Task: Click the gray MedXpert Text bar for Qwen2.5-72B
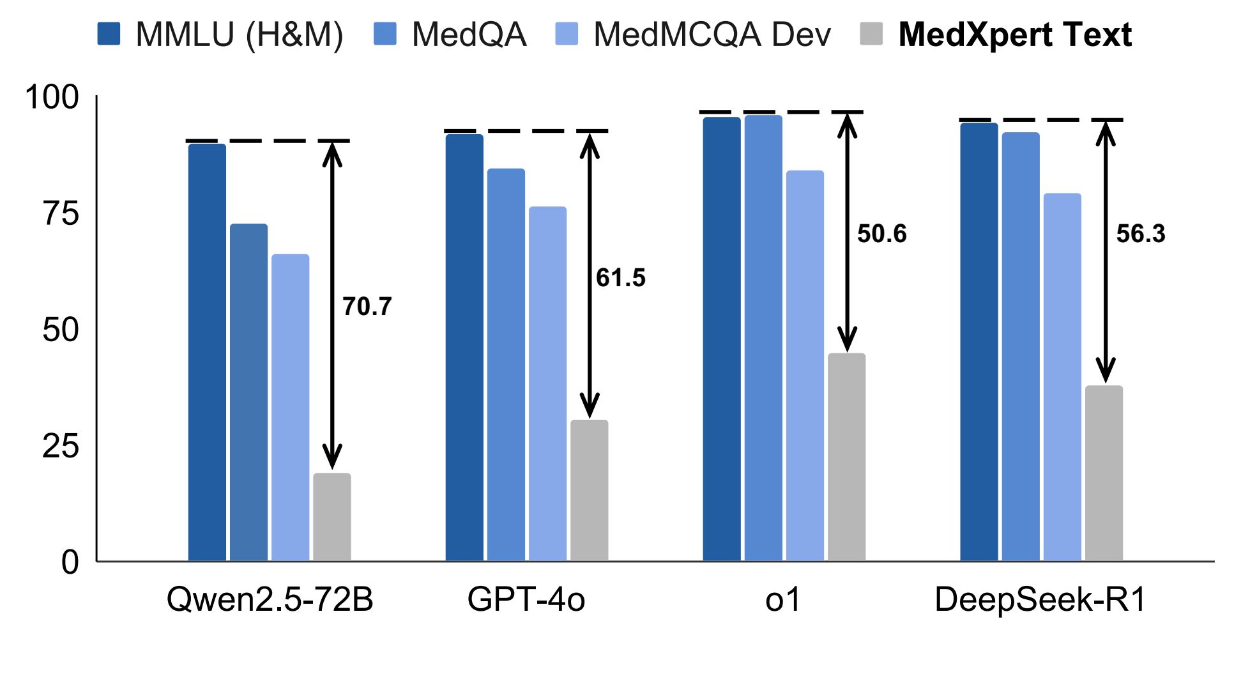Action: click(x=331, y=517)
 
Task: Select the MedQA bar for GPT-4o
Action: click(x=506, y=365)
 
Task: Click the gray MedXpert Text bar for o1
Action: click(x=846, y=457)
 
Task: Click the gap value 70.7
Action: click(x=367, y=307)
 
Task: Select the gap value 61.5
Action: click(x=620, y=278)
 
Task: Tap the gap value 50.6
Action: click(x=881, y=234)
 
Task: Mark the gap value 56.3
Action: click(x=1141, y=234)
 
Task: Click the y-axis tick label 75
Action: click(x=61, y=213)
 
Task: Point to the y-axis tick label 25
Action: click(x=61, y=446)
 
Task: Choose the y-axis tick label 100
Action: click(x=52, y=97)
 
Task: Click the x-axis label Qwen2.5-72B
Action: click(x=270, y=599)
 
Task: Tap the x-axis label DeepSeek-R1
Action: click(x=1040, y=599)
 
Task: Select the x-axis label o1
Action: click(x=782, y=599)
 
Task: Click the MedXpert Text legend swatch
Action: click(x=871, y=34)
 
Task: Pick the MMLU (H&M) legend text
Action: click(x=240, y=34)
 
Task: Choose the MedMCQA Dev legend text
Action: click(x=712, y=34)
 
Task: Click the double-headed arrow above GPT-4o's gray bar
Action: click(x=589, y=275)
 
